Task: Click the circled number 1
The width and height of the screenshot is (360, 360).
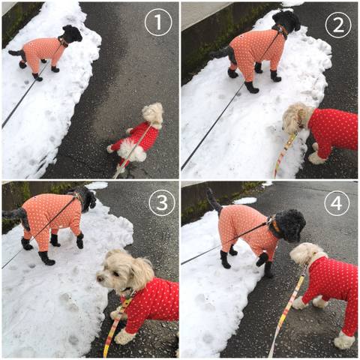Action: [158, 22]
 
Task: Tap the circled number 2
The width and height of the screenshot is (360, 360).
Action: [338, 25]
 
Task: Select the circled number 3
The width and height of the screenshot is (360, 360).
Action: [162, 202]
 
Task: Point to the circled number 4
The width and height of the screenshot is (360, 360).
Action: [337, 203]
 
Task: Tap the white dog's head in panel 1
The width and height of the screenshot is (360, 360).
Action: [153, 113]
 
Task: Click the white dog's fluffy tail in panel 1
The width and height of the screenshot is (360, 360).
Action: [132, 150]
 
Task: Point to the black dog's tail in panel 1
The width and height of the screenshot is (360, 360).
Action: [16, 53]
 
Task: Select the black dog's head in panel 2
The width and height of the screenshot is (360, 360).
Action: [286, 21]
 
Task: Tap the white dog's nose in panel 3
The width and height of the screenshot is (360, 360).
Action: [99, 278]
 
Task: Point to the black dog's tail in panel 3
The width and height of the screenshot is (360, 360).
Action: [17, 216]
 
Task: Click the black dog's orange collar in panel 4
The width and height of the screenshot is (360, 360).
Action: [275, 225]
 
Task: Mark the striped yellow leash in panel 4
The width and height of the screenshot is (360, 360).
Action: [287, 310]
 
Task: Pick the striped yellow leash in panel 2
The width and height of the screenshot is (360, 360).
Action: [285, 154]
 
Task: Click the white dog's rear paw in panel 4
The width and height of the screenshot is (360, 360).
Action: [344, 340]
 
